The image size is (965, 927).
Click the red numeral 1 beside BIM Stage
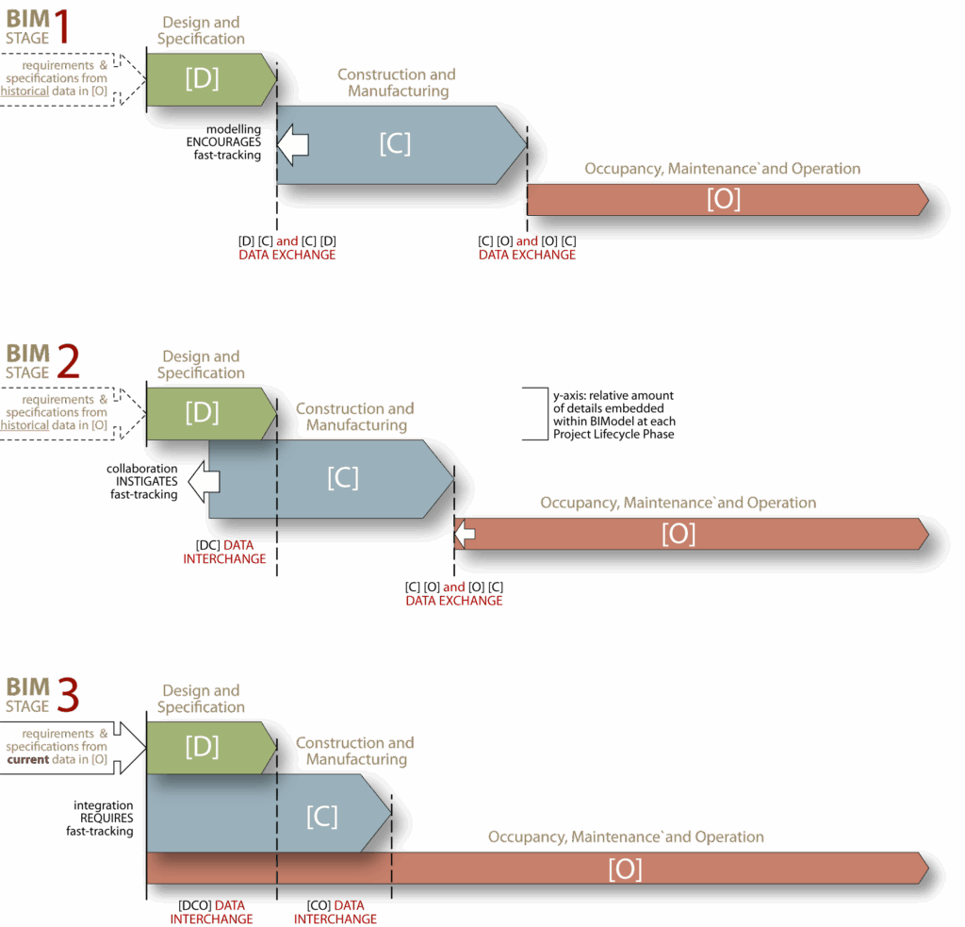[x=62, y=27]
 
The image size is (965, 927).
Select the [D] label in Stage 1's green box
[x=202, y=78]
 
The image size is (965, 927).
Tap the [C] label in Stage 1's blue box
[x=395, y=144]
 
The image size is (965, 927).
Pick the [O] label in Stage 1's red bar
[x=724, y=199]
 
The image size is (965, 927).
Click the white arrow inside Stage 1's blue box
[x=294, y=143]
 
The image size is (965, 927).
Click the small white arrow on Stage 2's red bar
[x=465, y=535]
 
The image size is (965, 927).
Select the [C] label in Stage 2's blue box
[x=342, y=477]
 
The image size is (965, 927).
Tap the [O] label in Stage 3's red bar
[x=625, y=869]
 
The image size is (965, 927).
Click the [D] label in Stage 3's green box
[x=202, y=747]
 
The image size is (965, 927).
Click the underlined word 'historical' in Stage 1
[x=25, y=91]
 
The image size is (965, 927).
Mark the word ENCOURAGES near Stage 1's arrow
[x=223, y=141]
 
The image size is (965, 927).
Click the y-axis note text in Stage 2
[x=613, y=415]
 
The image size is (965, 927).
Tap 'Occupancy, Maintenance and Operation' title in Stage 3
[x=626, y=836]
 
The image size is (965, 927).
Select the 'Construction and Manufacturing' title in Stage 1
[x=397, y=83]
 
